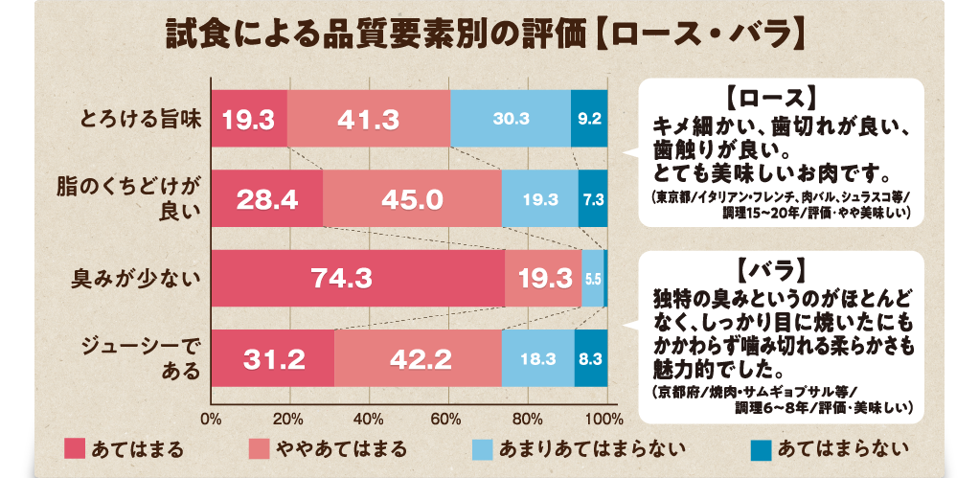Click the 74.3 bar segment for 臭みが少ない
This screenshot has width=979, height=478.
pos(357,279)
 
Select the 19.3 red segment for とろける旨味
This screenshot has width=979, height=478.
pos(249,119)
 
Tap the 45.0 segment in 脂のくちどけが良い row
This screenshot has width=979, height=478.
pos(412,199)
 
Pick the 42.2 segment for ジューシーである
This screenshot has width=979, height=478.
pos(418,359)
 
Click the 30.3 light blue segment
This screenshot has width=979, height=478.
pos(511,119)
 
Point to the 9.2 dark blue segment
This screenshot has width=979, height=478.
pos(589,119)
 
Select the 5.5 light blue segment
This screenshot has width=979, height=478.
pos(592,279)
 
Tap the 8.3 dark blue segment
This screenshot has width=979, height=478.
pos(590,359)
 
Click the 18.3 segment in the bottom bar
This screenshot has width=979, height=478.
pos(537,359)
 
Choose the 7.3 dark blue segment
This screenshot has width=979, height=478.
pos(593,199)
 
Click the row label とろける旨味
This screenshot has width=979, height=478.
pos(140,120)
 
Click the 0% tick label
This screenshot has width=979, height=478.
pos(212,419)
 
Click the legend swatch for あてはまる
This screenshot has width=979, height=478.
pos(75,448)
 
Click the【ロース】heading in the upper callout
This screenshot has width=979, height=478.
pos(769,99)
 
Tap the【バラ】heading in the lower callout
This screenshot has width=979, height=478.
pos(769,264)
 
